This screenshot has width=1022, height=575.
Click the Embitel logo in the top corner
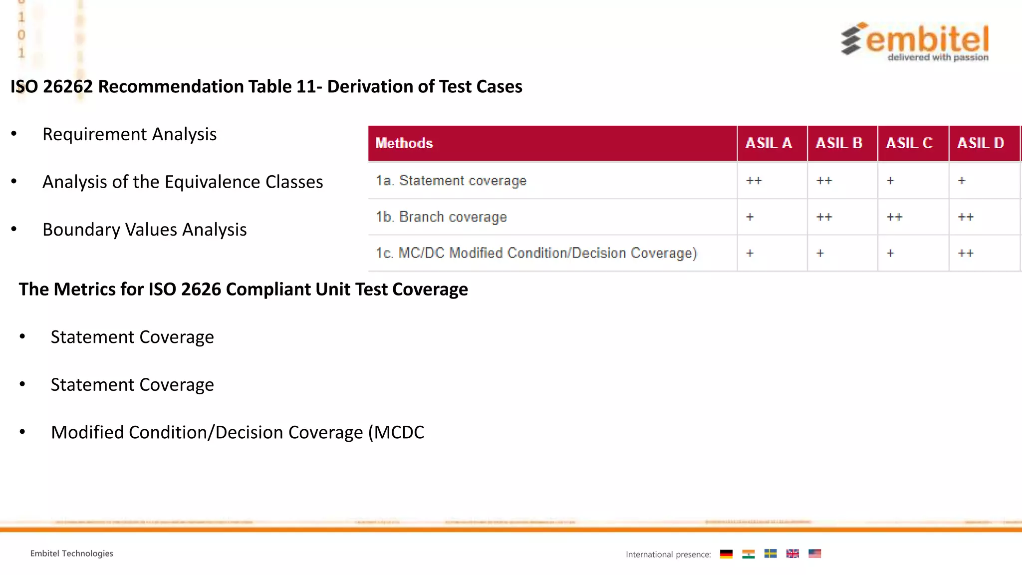click(915, 41)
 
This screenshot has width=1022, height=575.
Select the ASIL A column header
click(768, 143)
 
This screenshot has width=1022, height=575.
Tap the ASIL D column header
click(980, 143)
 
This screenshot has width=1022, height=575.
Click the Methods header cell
click(404, 143)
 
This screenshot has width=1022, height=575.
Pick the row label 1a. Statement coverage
click(451, 181)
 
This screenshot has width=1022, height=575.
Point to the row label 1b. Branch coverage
click(441, 217)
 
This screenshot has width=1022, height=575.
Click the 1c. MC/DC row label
click(536, 253)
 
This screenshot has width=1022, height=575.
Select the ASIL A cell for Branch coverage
click(750, 217)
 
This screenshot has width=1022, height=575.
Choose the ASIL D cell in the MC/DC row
click(966, 253)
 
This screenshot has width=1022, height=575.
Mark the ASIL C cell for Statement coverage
click(890, 181)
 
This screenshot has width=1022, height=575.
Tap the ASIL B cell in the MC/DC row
click(820, 253)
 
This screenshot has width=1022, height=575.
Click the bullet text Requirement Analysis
click(129, 134)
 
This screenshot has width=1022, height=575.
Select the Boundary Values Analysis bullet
click(144, 230)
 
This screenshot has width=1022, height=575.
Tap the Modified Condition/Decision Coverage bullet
click(238, 432)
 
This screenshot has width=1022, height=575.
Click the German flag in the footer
click(726, 554)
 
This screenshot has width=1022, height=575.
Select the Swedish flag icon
click(770, 554)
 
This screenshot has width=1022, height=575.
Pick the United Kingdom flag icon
click(792, 554)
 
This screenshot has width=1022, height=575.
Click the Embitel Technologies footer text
click(72, 554)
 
